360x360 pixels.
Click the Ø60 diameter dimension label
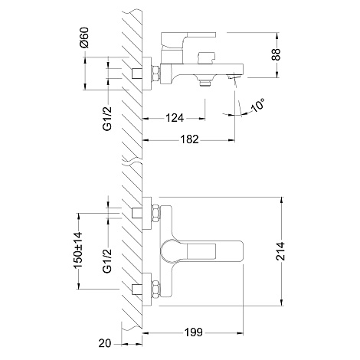83,38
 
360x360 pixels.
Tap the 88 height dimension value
276,54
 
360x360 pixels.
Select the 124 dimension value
175,118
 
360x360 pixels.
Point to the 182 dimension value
189,139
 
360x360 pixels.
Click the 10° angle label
258,105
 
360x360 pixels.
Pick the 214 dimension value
280,251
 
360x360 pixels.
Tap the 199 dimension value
194,332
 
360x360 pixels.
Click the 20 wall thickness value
105,343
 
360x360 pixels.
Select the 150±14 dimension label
78,250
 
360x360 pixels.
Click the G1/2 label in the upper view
107,119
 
